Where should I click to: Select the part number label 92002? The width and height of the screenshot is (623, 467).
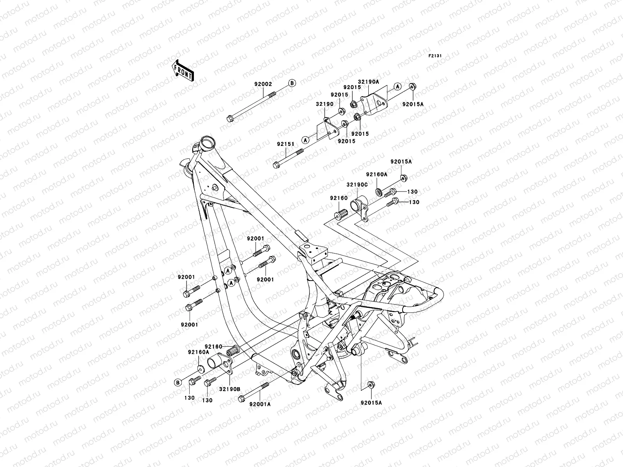[264, 84]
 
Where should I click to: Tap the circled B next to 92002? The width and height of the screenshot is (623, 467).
[292, 83]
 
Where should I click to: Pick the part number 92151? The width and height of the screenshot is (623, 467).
[285, 144]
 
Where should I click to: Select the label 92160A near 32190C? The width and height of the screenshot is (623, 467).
[377, 175]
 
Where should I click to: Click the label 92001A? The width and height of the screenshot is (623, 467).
[260, 404]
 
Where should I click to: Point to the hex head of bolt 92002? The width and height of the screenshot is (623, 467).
[229, 117]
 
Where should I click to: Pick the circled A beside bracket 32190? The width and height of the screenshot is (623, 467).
[305, 139]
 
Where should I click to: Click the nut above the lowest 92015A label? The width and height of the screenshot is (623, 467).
[371, 384]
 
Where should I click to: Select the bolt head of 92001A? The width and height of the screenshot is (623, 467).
[241, 398]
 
